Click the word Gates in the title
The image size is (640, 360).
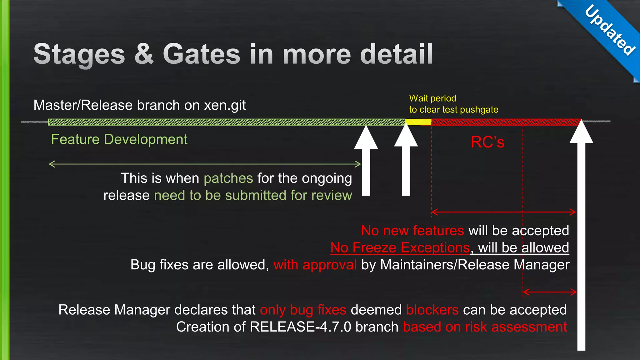(x=202, y=54)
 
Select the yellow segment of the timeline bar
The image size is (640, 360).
(x=418, y=122)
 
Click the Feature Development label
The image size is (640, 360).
(x=119, y=139)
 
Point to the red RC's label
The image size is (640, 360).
(x=487, y=142)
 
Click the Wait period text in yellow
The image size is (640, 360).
(x=432, y=98)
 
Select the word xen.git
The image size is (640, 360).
(x=225, y=105)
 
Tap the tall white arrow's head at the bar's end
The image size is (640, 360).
(x=581, y=133)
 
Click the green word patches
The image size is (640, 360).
(x=228, y=178)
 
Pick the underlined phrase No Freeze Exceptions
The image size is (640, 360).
(x=400, y=248)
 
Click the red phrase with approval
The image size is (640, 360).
(x=315, y=265)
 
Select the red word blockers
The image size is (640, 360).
(x=432, y=310)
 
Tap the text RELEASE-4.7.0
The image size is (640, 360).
(x=300, y=327)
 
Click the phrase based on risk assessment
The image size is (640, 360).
(x=485, y=327)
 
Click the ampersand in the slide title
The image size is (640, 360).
(x=144, y=54)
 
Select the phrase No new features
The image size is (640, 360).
(x=412, y=231)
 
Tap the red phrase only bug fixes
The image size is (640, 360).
(x=303, y=310)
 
